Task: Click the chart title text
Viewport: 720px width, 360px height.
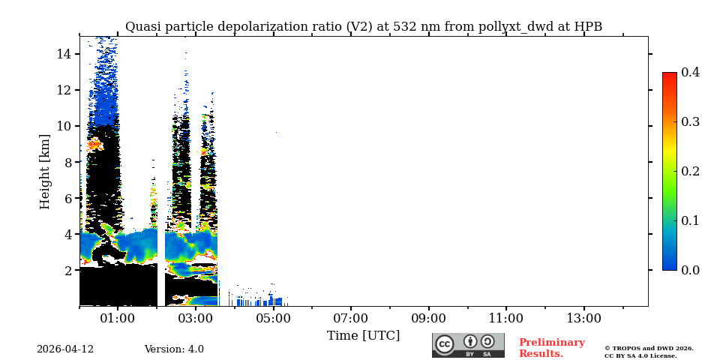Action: [364, 27]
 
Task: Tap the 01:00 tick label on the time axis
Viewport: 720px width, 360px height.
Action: [118, 319]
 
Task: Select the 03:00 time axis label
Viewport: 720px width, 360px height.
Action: [196, 319]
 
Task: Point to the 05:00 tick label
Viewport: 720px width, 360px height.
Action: [273, 319]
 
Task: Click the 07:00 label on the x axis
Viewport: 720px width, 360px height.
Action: [351, 319]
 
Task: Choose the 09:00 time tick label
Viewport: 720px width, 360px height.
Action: [429, 319]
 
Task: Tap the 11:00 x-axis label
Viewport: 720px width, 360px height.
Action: [506, 319]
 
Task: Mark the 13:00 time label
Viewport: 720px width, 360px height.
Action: [584, 319]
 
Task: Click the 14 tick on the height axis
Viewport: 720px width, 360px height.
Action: [64, 54]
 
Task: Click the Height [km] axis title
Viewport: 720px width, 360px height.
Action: [45, 171]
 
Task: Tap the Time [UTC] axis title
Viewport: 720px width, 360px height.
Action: [364, 336]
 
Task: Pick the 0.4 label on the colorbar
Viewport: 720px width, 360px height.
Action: [691, 72]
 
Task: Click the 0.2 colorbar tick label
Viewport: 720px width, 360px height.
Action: [691, 171]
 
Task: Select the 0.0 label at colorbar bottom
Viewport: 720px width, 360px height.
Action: [691, 270]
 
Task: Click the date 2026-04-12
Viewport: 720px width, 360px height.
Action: [65, 349]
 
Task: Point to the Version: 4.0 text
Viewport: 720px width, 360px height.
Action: [174, 349]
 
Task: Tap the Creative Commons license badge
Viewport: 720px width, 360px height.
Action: [468, 345]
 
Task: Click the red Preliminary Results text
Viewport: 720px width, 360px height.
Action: [551, 348]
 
